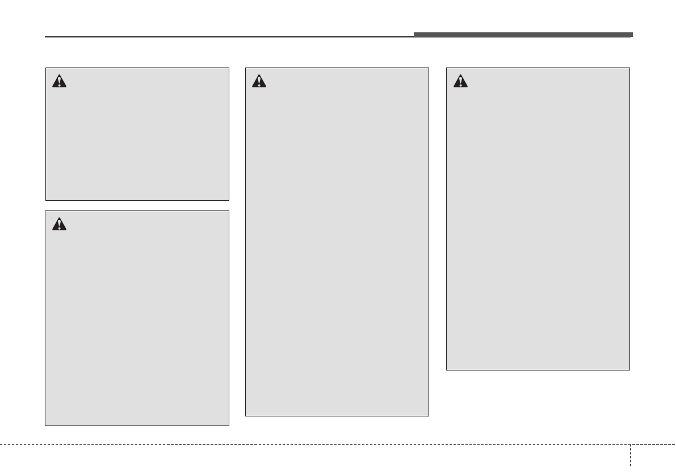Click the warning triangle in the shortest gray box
click(x=59, y=81)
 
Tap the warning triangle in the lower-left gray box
click(x=59, y=224)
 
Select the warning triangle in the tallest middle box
click(x=259, y=81)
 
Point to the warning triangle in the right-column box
click(x=460, y=81)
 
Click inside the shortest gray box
click(x=137, y=142)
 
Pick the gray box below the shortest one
click(x=137, y=329)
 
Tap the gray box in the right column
click(x=538, y=227)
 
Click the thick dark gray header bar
click(x=522, y=35)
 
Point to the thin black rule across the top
click(x=227, y=37)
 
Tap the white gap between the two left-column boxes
click(x=137, y=205)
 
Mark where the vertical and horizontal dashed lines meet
click(x=629, y=444)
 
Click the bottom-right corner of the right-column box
click(x=629, y=370)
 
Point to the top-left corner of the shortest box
click(x=46, y=68)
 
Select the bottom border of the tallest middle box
click(x=337, y=416)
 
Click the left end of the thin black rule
click(x=46, y=37)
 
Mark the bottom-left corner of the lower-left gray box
click(x=45, y=426)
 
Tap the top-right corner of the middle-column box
click(x=429, y=68)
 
